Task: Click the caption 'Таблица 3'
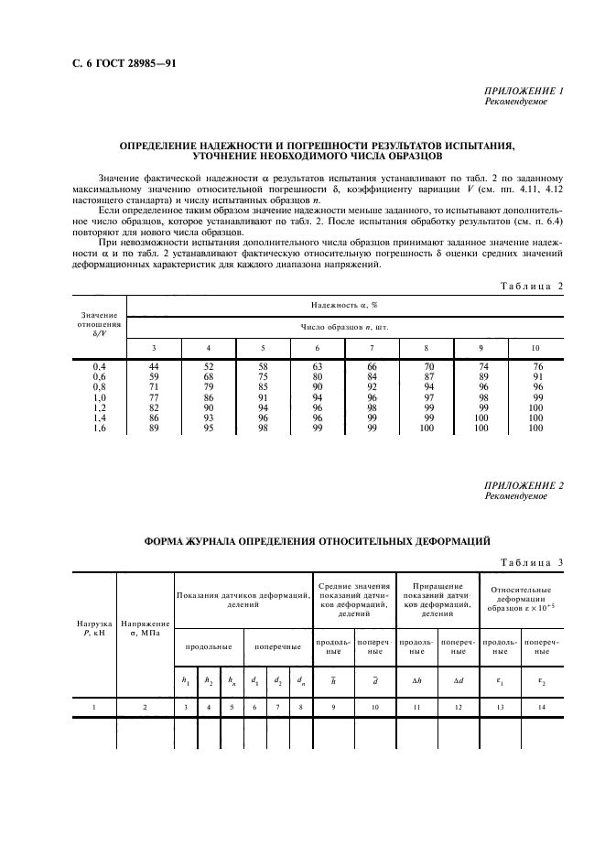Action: point(531,562)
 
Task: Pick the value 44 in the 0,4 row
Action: point(154,366)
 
